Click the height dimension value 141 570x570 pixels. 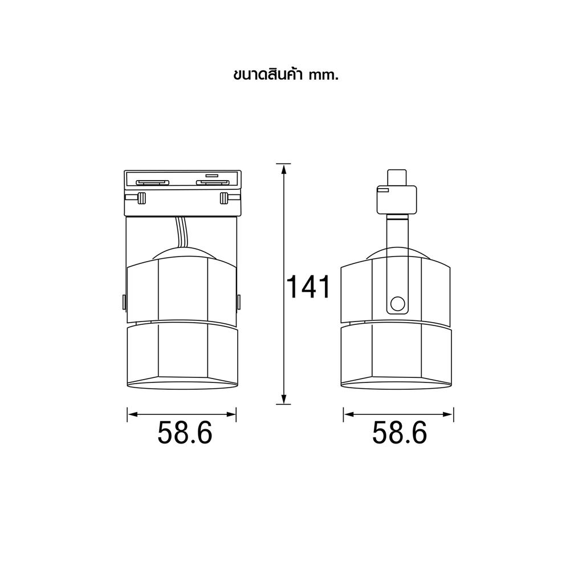[308, 287]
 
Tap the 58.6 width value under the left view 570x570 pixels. [185, 433]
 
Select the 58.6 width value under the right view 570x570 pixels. [400, 433]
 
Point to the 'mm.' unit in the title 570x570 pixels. [323, 76]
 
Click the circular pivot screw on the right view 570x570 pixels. [397, 303]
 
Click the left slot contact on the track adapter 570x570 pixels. [152, 182]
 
